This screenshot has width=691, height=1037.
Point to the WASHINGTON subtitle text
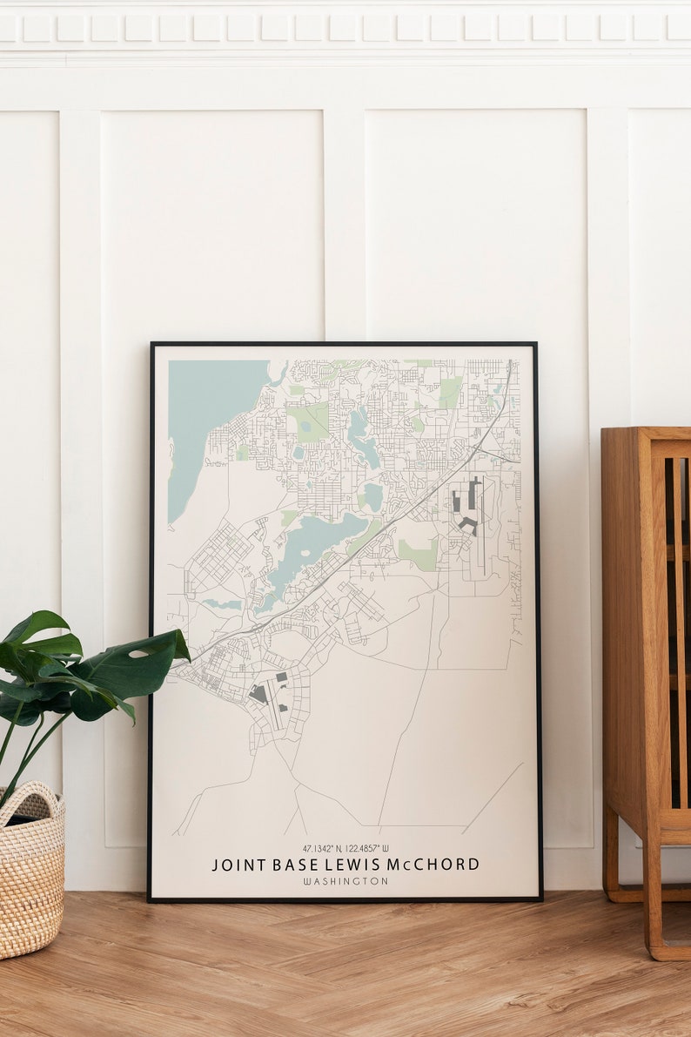[345, 881]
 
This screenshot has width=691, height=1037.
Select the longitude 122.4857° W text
[368, 848]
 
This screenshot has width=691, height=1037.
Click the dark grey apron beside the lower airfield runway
[258, 694]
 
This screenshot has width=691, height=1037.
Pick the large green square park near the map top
[310, 421]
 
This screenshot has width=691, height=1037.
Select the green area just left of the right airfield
[419, 554]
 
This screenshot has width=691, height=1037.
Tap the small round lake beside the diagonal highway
[372, 497]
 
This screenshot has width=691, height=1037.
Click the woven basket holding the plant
[31, 871]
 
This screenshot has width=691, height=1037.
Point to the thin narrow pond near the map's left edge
[223, 603]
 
